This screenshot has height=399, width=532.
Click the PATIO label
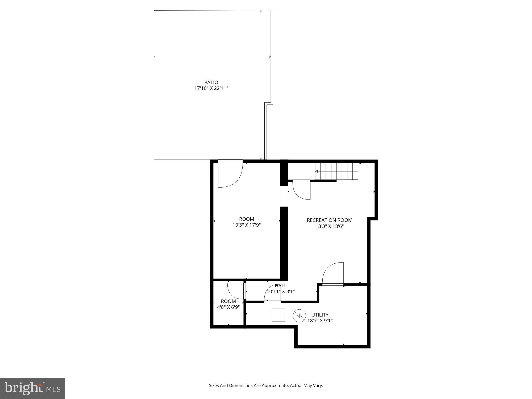pyautogui.click(x=211, y=82)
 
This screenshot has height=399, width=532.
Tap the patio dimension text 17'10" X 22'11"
pyautogui.click(x=211, y=88)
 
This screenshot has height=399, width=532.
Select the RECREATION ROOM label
pyautogui.click(x=329, y=220)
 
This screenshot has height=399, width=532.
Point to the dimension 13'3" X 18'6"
pyautogui.click(x=329, y=226)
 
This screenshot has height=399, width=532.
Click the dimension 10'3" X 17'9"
pyautogui.click(x=246, y=225)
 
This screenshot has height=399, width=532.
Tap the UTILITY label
pyautogui.click(x=320, y=315)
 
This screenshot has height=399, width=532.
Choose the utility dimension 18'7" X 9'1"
pyautogui.click(x=320, y=321)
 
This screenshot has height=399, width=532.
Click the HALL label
pyautogui.click(x=281, y=286)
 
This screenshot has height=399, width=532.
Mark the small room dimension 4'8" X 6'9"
pyautogui.click(x=228, y=307)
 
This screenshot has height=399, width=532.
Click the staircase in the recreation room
pyautogui.click(x=336, y=171)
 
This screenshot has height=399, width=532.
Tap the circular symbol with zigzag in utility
pyautogui.click(x=299, y=316)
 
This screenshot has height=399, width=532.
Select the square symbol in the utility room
pyautogui.click(x=278, y=315)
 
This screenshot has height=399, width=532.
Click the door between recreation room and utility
pyautogui.click(x=333, y=274)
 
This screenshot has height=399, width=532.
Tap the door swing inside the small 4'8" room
pyautogui.click(x=235, y=290)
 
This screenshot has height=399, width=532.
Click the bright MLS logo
pyautogui.click(x=32, y=388)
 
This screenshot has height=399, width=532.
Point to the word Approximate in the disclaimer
pyautogui.click(x=275, y=385)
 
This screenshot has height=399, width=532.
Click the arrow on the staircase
pyautogui.click(x=317, y=171)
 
